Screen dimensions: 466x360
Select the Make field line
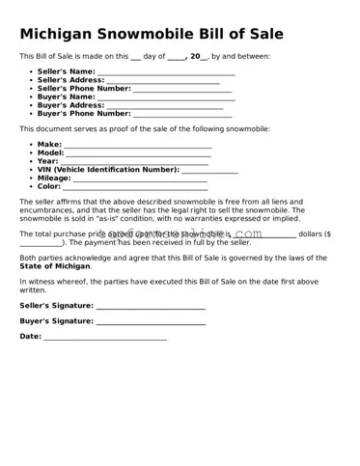click(138, 145)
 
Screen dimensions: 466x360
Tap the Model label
click(50, 152)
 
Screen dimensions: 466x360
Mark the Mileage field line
click(140, 178)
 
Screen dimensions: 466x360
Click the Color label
click(49, 185)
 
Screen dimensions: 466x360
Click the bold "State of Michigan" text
click(55, 265)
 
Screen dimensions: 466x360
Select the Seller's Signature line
click(151, 306)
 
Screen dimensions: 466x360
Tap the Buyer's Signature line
click(151, 321)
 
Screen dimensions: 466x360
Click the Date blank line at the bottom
click(105, 337)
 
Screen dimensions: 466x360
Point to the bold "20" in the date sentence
click(196, 56)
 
